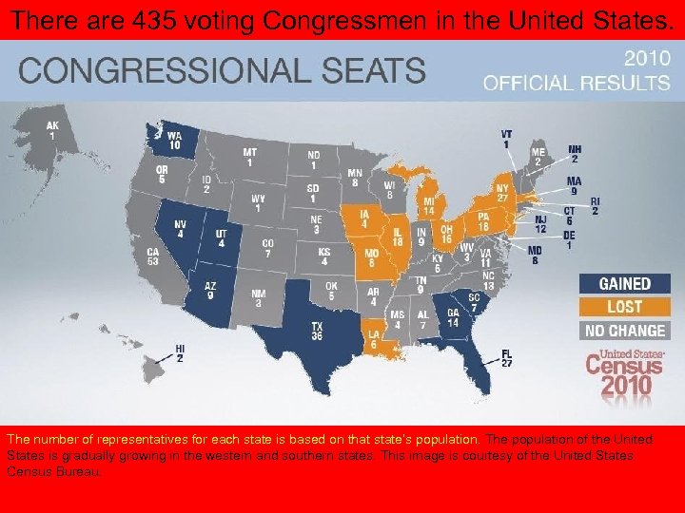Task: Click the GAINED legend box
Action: pos(624,283)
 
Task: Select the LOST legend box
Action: pos(624,307)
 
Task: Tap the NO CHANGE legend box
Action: pos(624,331)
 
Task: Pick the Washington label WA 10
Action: pos(174,141)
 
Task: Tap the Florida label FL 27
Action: pos(506,358)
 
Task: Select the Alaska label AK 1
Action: pos(52,130)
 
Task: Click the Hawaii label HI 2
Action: pos(180,353)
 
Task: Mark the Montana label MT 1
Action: pos(249,157)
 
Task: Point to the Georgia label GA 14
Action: pos(453,318)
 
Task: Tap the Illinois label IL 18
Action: pos(398,237)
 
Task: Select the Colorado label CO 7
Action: pos(267,249)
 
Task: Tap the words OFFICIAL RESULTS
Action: pos(577,83)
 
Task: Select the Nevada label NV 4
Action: pos(180,229)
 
